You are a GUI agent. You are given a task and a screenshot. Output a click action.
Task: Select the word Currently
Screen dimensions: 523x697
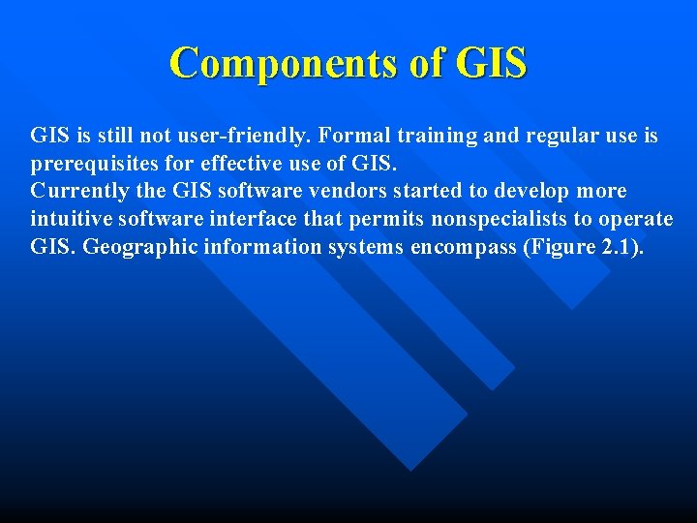pyautogui.click(x=78, y=191)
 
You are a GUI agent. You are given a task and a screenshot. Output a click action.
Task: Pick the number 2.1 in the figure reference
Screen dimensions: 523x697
pyautogui.click(x=615, y=246)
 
